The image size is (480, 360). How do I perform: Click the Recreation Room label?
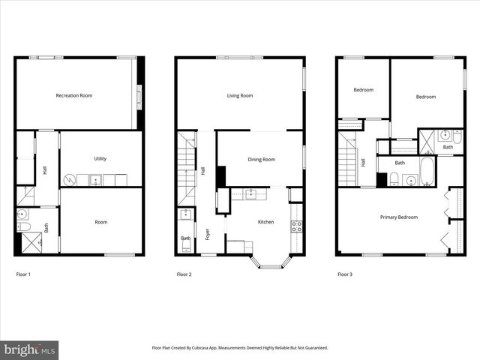74,95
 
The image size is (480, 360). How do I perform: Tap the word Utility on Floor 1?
100,158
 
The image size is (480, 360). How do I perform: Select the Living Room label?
240,95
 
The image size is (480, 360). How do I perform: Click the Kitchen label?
265,222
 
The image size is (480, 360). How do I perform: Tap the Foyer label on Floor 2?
208,234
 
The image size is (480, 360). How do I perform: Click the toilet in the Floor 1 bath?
23,226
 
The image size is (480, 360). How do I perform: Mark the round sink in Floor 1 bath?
22,214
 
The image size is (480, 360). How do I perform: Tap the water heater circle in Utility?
69,180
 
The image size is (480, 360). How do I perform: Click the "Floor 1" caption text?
24,274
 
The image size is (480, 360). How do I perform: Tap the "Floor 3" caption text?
344,274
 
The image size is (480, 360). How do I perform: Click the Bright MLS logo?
29,349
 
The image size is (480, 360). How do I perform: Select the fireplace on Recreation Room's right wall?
139,95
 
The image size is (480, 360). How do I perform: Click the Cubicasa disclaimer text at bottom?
240,348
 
